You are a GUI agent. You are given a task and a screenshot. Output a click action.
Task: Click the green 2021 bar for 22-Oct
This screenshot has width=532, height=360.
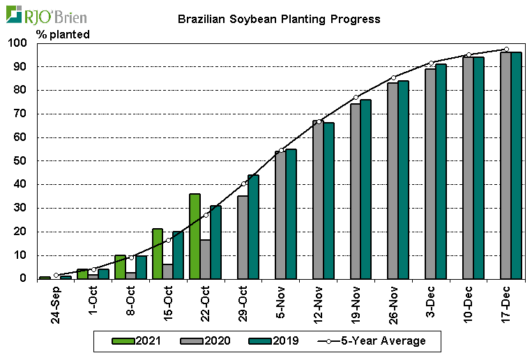click(x=195, y=236)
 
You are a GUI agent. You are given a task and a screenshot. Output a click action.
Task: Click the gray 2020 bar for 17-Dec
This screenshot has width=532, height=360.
click(x=506, y=165)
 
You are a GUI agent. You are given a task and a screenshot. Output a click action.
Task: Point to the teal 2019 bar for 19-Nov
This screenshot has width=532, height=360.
click(x=365, y=189)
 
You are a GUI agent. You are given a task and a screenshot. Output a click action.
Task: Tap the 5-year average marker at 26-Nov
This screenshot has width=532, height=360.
click(x=393, y=77)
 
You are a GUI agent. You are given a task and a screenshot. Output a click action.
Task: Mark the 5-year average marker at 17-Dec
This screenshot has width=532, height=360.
click(x=506, y=50)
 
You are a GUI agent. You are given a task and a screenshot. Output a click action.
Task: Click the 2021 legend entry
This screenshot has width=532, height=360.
click(x=137, y=341)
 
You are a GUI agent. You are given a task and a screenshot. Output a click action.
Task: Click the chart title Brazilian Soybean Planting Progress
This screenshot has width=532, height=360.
click(x=279, y=19)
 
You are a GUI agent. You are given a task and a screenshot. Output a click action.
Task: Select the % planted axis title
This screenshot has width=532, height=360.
click(x=63, y=33)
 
